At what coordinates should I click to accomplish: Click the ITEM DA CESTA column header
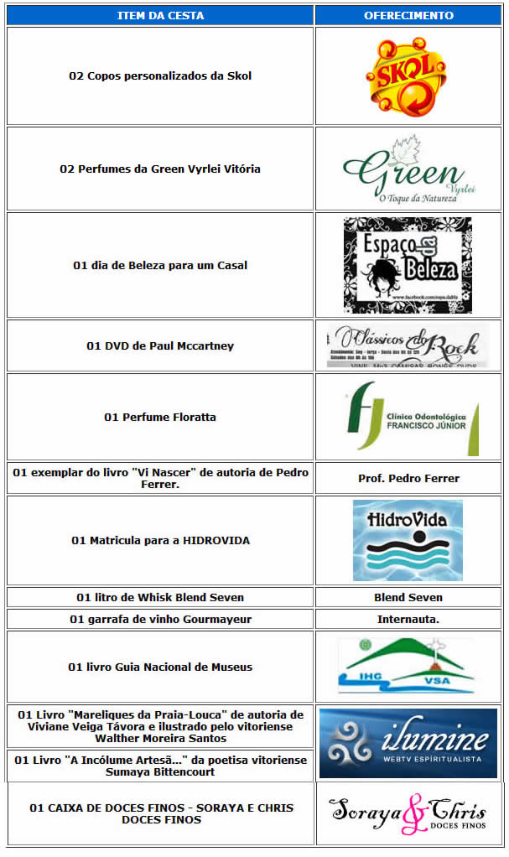pyautogui.click(x=159, y=15)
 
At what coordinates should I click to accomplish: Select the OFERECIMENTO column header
pyautogui.click(x=408, y=15)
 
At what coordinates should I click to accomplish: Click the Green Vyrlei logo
pyautogui.click(x=408, y=169)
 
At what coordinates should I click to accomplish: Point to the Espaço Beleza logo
pyautogui.click(x=408, y=265)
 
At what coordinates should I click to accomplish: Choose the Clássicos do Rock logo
pyautogui.click(x=408, y=345)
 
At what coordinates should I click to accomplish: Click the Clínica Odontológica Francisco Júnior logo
pyautogui.click(x=412, y=418)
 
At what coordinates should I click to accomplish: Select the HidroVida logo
pyautogui.click(x=408, y=540)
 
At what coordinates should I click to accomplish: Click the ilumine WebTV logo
pyautogui.click(x=408, y=743)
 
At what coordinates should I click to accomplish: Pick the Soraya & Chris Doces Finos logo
pyautogui.click(x=408, y=814)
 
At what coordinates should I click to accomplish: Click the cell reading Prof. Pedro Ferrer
pyautogui.click(x=408, y=478)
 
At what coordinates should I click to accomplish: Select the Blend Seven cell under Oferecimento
pyautogui.click(x=408, y=597)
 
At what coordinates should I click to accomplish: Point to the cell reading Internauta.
pyautogui.click(x=408, y=619)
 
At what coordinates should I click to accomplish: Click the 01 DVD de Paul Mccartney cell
pyautogui.click(x=160, y=345)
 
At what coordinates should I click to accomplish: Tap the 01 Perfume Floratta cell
pyautogui.click(x=160, y=417)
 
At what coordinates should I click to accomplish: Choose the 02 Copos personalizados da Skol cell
pyautogui.click(x=160, y=76)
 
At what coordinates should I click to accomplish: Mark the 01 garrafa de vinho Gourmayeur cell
pyautogui.click(x=160, y=619)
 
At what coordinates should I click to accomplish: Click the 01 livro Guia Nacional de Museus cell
pyautogui.click(x=160, y=667)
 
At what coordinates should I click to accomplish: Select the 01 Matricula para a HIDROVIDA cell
pyautogui.click(x=160, y=540)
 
